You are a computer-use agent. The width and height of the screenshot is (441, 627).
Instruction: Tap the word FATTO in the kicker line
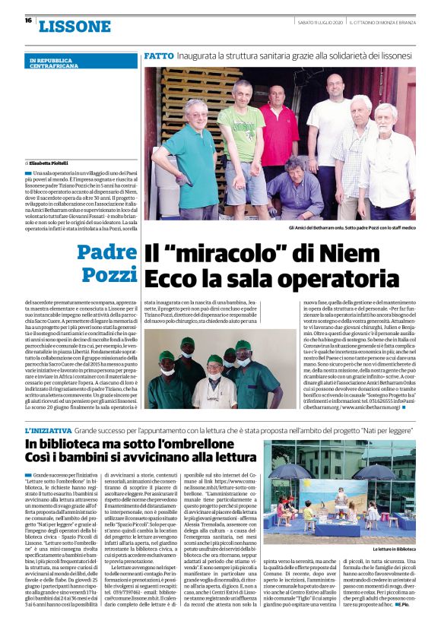click(158, 56)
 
